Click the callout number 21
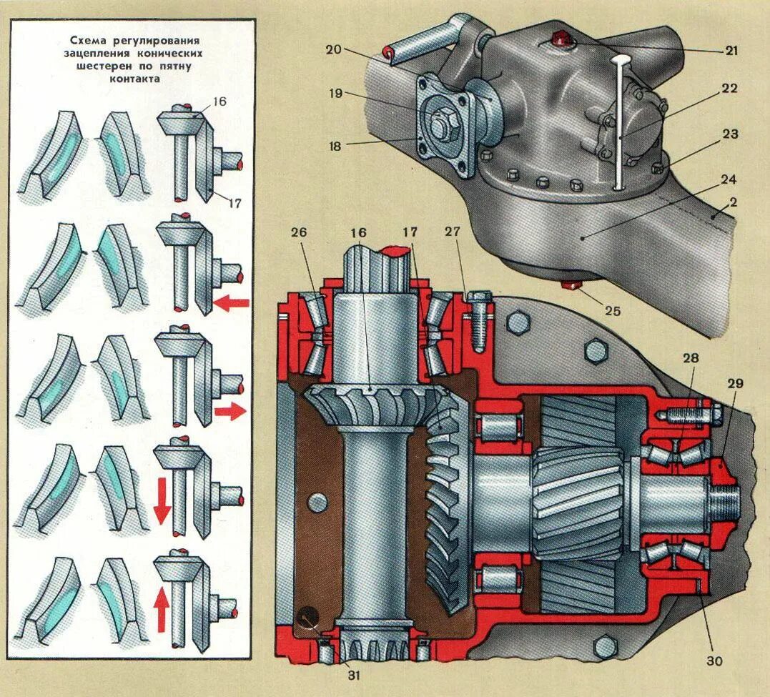pos(731,51)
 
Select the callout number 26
pos(299,233)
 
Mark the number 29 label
pos(735,384)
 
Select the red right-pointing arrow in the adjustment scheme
pos(229,412)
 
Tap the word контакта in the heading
pos(134,79)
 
